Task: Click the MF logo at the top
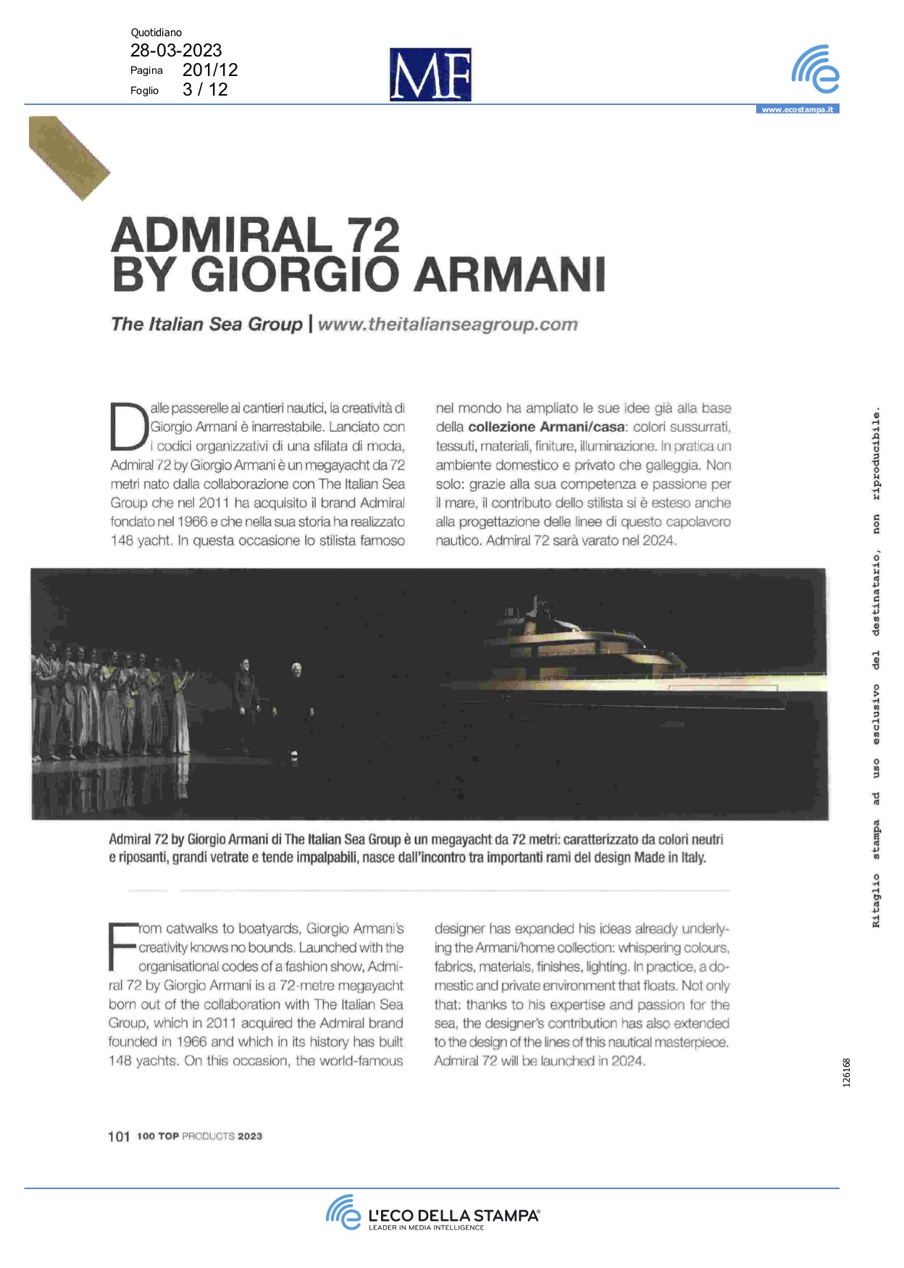430,75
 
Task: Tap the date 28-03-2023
176,50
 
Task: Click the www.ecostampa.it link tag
797,109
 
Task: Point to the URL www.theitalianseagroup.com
448,324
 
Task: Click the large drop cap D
128,426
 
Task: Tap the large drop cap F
122,946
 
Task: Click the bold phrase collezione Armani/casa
546,427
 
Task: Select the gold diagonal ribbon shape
68,157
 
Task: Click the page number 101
119,1136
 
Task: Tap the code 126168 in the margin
847,1072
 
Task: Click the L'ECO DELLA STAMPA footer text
453,1215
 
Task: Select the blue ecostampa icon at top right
816,70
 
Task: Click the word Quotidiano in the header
156,33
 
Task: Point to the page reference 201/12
210,70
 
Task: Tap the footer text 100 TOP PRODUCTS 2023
200,1136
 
